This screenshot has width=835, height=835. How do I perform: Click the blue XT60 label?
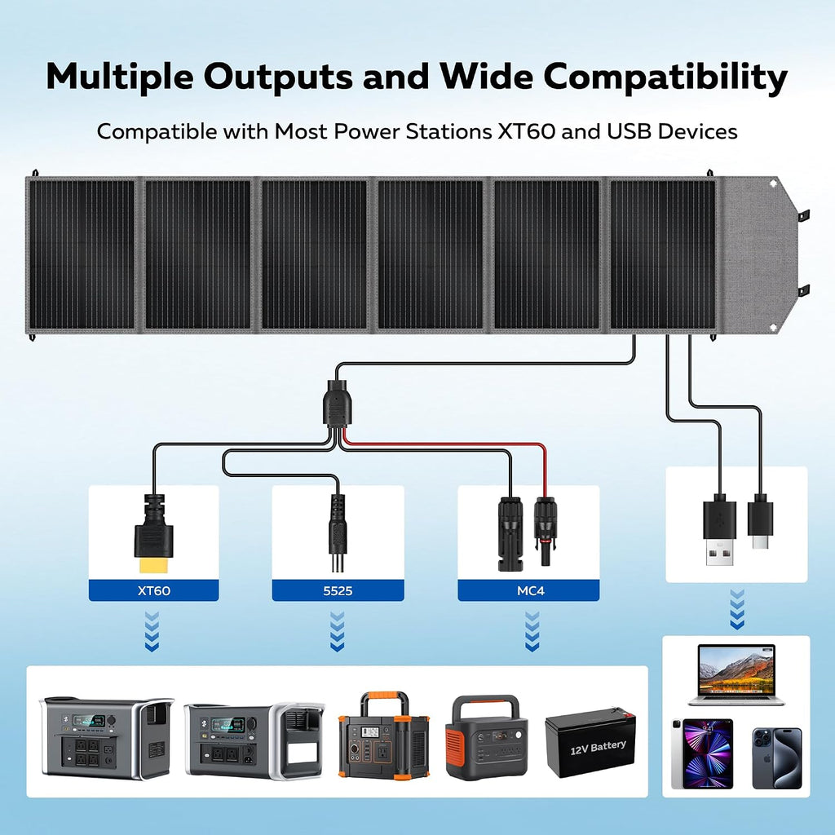[x=153, y=590]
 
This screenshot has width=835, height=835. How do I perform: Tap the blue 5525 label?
[x=338, y=590]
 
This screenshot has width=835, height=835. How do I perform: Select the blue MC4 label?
[x=530, y=590]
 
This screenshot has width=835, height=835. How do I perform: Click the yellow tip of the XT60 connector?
[x=153, y=565]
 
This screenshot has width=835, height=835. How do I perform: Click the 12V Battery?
[x=590, y=742]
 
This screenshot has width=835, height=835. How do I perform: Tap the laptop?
[x=736, y=675]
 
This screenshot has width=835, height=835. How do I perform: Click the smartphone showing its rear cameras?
[x=777, y=758]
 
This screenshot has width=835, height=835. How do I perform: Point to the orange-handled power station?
[x=383, y=735]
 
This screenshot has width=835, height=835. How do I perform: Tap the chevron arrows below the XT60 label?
[x=152, y=632]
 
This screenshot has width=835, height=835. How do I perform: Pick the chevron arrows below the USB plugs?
[x=737, y=609]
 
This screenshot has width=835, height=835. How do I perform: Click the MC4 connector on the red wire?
[x=545, y=530]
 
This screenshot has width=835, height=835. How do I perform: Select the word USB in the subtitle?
[x=629, y=131]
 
